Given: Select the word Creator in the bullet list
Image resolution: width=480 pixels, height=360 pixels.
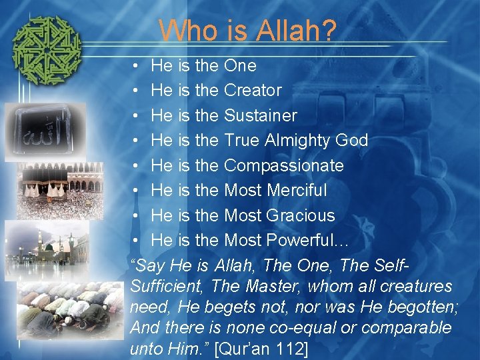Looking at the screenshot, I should click(253, 90).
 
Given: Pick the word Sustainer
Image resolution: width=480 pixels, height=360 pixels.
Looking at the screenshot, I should click(260, 115).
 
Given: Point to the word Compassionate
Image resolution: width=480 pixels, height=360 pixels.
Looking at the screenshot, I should click(283, 165).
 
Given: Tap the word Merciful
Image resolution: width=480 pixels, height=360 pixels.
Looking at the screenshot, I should click(297, 190).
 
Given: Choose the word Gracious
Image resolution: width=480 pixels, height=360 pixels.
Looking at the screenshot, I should click(301, 215).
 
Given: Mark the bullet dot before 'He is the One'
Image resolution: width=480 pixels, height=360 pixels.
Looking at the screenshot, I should click(135, 65).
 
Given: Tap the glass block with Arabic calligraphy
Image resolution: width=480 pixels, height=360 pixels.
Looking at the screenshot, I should click(45, 131).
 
